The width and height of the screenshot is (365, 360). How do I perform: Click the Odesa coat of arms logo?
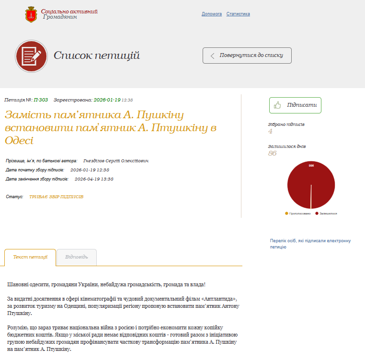click(31, 14)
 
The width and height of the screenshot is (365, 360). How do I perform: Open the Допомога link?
click(211, 14)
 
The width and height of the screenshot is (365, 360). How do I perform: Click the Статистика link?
click(238, 14)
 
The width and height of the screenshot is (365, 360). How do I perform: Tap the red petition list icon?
click(31, 56)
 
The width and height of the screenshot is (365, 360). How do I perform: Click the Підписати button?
click(295, 105)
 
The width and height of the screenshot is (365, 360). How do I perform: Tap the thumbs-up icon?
click(278, 105)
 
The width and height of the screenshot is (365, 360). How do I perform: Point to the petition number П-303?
click(41, 100)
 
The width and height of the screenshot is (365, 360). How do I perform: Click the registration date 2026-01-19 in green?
click(107, 100)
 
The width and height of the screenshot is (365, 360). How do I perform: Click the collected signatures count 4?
click(270, 131)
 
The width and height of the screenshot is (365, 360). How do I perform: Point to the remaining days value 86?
click(272, 153)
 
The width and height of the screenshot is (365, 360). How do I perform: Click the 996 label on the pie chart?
click(311, 166)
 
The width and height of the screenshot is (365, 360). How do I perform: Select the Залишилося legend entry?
click(327, 213)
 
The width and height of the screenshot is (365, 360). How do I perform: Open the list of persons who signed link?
click(310, 244)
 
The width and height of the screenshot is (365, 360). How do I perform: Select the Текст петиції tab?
click(30, 257)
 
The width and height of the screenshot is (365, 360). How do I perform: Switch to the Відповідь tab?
click(76, 257)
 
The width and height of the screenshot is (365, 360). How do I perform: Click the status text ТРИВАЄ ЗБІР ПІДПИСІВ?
click(56, 197)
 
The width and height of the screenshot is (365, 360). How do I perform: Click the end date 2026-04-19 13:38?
click(94, 179)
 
